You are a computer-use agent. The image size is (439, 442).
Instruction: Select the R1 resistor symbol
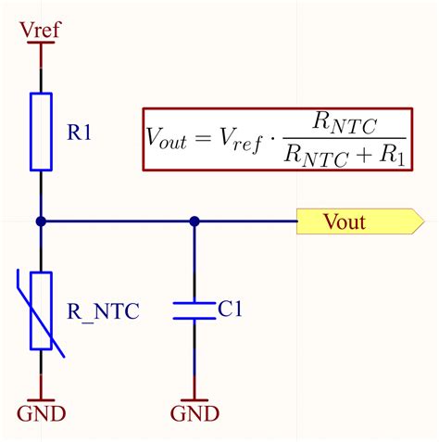(x=41, y=131)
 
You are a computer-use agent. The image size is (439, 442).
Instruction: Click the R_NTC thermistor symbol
(x=41, y=309)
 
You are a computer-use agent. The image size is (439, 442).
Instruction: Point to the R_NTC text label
(x=103, y=311)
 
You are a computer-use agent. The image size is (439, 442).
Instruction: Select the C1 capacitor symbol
(x=194, y=309)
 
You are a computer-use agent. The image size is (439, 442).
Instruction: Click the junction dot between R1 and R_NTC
(x=41, y=221)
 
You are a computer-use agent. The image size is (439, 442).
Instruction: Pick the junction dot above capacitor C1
(x=194, y=221)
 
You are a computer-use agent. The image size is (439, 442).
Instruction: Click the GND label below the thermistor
(x=41, y=412)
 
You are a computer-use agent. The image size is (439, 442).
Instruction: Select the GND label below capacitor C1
(x=194, y=412)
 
